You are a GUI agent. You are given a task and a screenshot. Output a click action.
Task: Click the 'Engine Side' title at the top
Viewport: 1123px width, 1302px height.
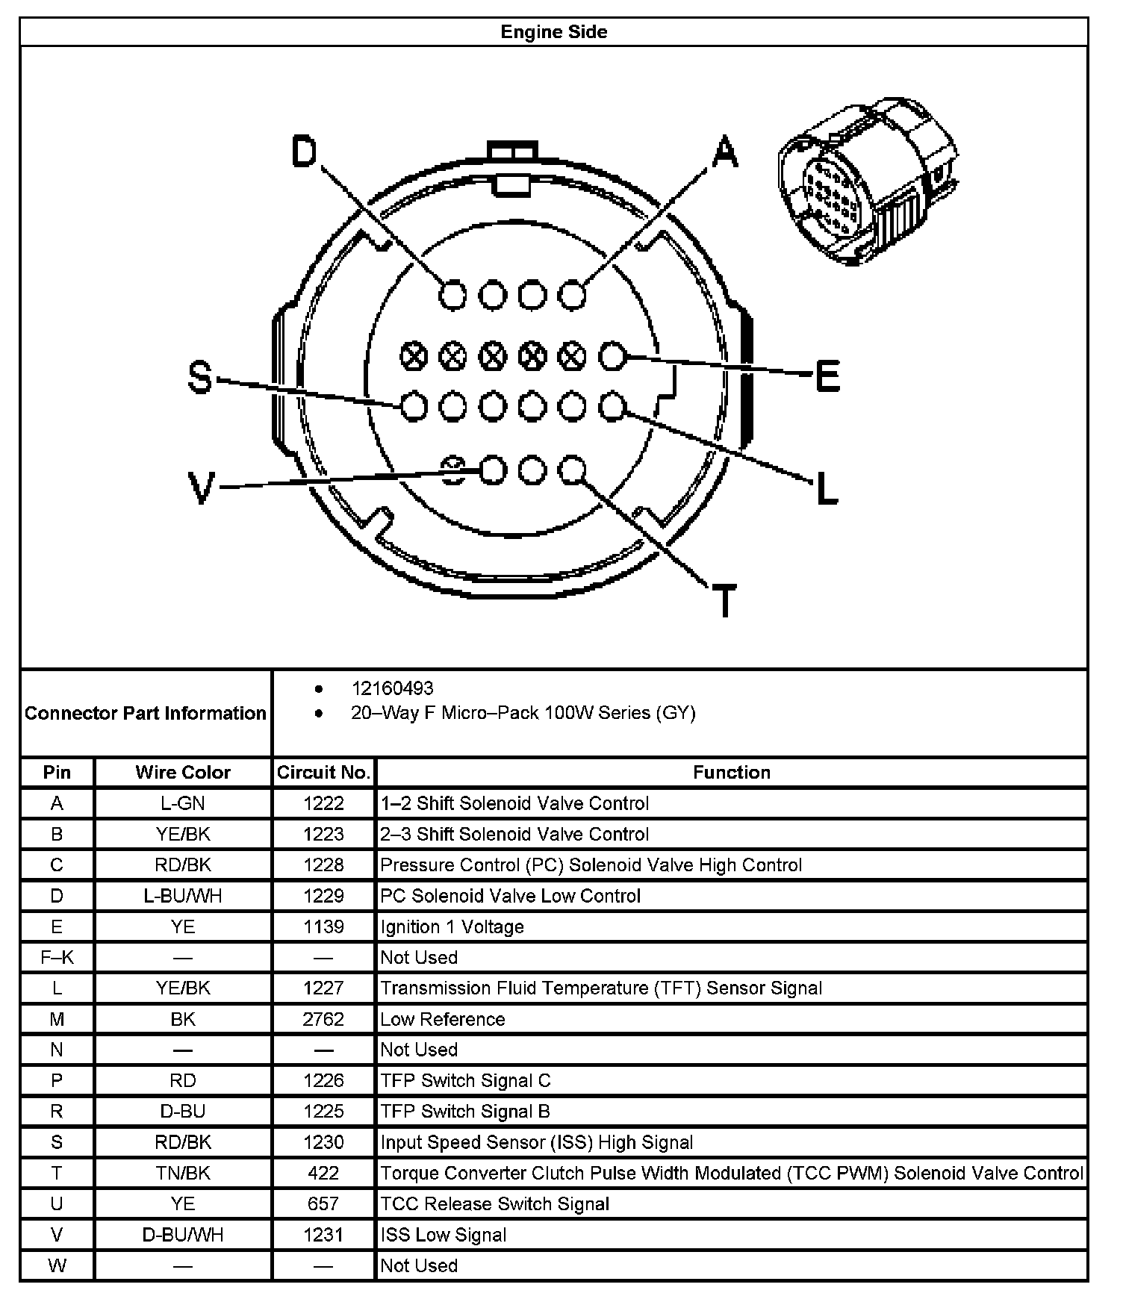click(553, 32)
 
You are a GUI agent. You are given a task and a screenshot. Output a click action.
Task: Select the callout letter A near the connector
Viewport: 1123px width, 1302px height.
click(724, 152)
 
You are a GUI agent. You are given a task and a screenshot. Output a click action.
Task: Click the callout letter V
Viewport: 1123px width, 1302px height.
click(201, 489)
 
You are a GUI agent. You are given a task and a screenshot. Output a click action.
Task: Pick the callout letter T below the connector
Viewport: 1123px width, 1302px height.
click(724, 600)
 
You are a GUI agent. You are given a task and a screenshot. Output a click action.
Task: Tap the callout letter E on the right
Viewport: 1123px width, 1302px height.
click(827, 376)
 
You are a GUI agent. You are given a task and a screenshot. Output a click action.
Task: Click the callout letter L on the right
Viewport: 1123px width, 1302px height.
click(827, 490)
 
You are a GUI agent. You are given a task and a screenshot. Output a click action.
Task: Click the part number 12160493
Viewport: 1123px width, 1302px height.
click(392, 688)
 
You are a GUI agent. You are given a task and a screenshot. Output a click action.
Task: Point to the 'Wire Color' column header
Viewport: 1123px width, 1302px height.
click(183, 772)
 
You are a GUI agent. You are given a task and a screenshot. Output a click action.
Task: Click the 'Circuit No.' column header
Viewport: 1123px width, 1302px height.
click(323, 772)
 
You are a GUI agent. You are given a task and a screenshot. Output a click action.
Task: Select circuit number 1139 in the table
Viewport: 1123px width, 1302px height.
click(323, 926)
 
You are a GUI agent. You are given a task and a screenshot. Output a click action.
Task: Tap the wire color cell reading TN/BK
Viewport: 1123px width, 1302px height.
click(183, 1173)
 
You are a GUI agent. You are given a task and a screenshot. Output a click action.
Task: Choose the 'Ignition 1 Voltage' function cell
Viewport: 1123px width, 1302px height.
click(452, 926)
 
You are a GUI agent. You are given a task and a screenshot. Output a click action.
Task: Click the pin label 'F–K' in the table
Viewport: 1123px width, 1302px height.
click(57, 957)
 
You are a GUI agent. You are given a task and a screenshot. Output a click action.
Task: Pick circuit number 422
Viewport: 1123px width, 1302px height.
click(323, 1173)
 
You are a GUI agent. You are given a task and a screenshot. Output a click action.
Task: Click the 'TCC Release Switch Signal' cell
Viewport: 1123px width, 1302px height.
click(494, 1203)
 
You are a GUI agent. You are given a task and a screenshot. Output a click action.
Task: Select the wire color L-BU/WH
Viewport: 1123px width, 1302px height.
click(183, 896)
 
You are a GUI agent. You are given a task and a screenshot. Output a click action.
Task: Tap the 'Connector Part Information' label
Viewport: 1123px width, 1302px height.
click(146, 713)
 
